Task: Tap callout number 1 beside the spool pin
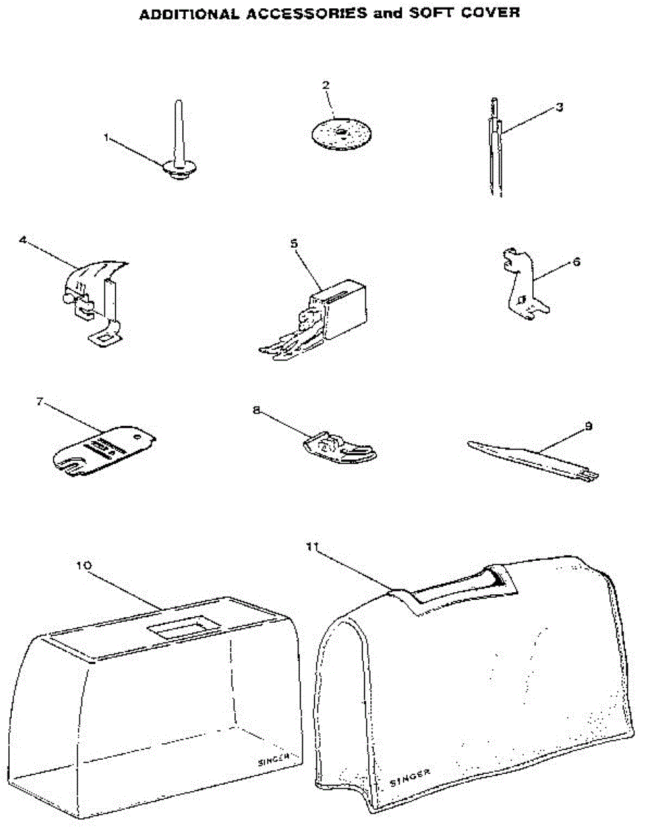(x=106, y=137)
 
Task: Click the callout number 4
(x=23, y=239)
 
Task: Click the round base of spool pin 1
(x=177, y=169)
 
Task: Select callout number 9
(x=589, y=426)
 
